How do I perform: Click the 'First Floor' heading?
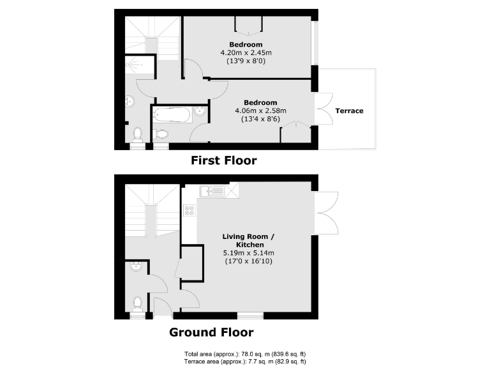[224, 160]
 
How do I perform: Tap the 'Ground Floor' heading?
[211, 332]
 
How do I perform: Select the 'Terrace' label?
[349, 111]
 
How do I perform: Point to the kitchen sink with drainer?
[211, 190]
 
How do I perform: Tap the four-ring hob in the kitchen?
[189, 210]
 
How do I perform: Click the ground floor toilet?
[136, 302]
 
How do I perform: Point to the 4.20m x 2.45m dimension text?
[246, 53]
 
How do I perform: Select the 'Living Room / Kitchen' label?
[248, 241]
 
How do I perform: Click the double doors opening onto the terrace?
[323, 111]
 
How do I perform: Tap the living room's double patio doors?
[327, 211]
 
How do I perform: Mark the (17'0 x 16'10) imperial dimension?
[248, 261]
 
